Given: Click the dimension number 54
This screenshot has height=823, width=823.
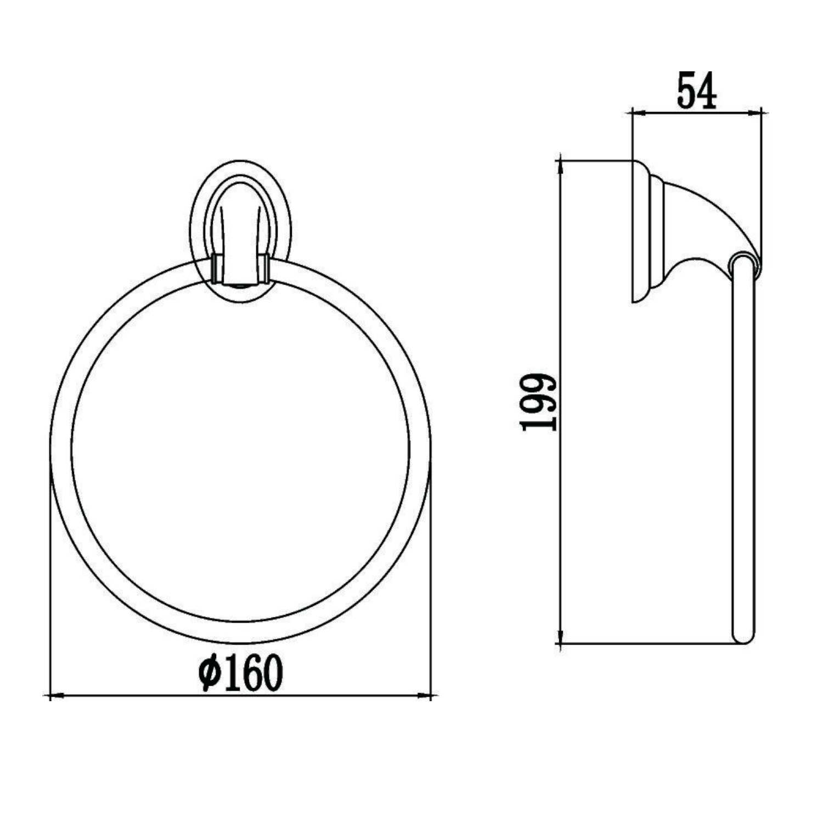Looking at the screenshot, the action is click(696, 91).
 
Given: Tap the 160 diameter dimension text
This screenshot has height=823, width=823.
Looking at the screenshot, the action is click(241, 673).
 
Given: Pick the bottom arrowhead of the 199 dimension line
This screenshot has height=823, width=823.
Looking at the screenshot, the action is click(560, 637).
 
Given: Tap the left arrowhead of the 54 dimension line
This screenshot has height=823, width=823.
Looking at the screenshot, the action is click(639, 114).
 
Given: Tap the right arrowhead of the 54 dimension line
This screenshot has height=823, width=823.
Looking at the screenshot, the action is click(755, 114).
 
